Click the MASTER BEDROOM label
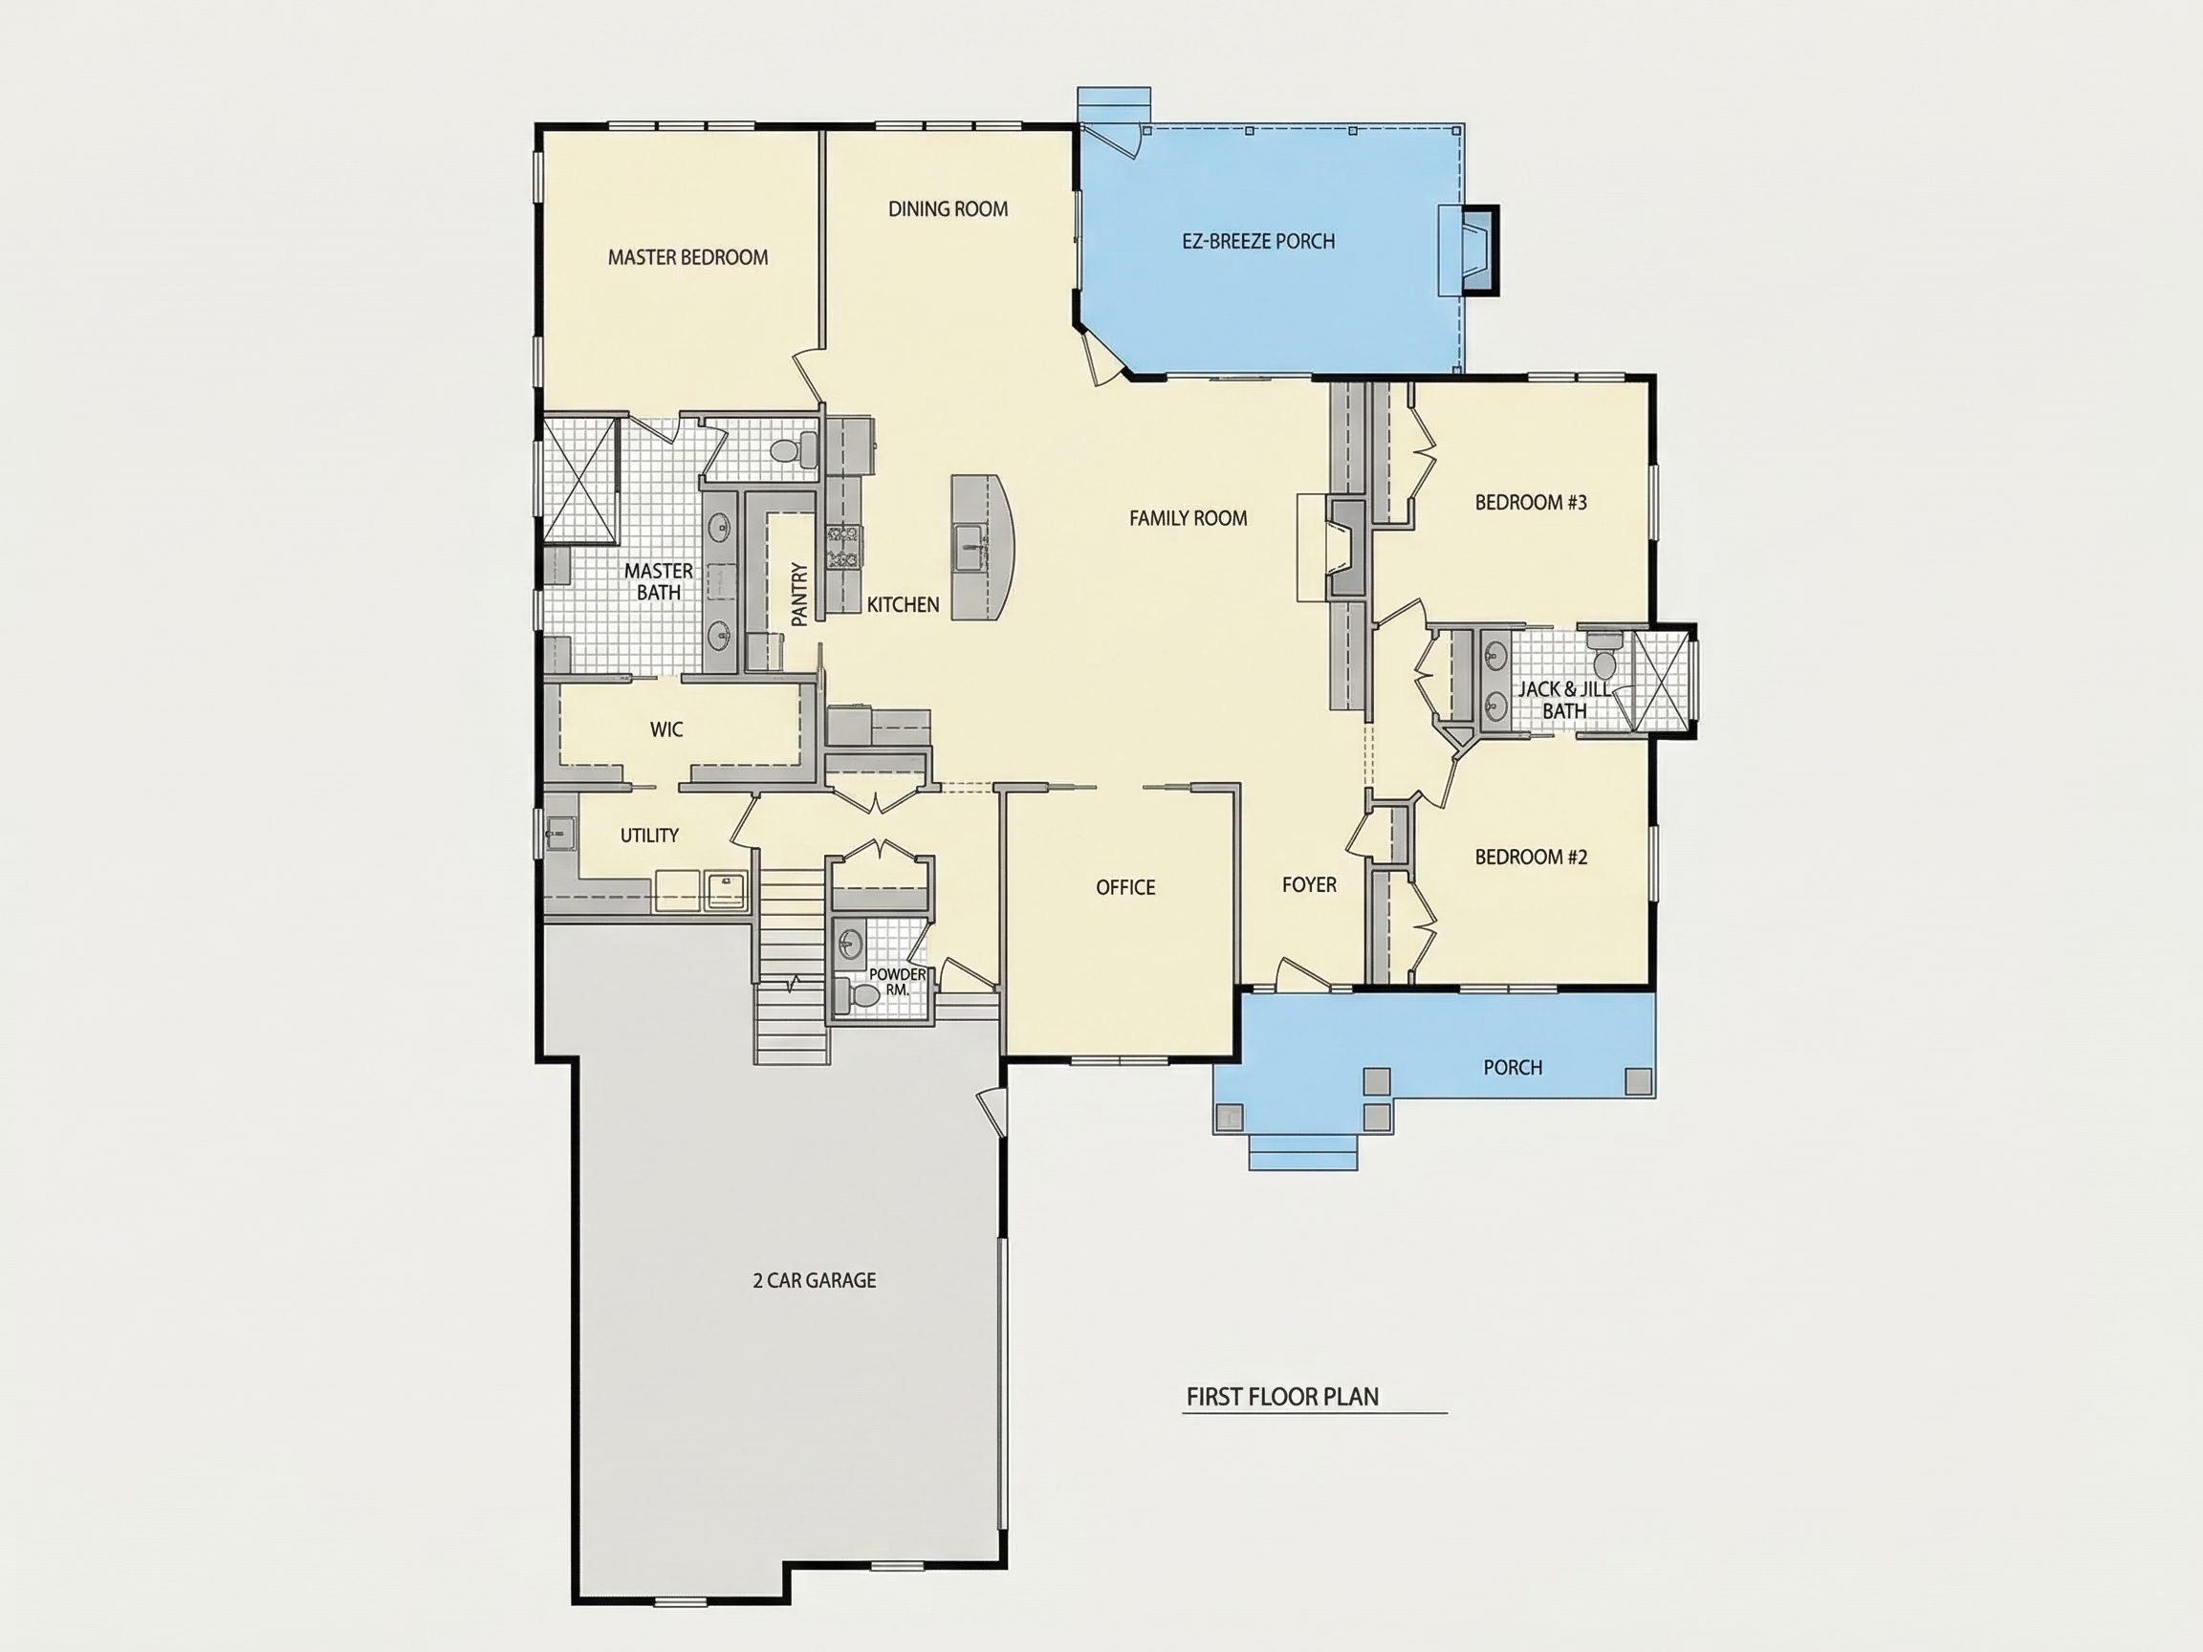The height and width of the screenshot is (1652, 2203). tap(688, 258)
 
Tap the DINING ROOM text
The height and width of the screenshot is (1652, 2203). tap(949, 209)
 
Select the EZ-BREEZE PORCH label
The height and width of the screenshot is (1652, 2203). tap(1259, 241)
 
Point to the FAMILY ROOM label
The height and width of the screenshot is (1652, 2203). tap(1189, 518)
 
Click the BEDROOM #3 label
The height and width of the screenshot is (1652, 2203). tap(1531, 502)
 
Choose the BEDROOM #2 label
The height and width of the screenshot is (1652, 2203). tap(1531, 857)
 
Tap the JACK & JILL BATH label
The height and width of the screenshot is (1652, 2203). tap(1563, 700)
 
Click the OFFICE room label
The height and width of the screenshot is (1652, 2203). tap(1125, 887)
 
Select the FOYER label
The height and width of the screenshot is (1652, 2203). tap(1309, 884)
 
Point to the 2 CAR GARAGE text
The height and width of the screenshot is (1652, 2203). tap(815, 1280)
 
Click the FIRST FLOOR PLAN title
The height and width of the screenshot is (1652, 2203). tap(1283, 1397)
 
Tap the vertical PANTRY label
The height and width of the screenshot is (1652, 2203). tap(798, 595)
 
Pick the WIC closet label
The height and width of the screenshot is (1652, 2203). tap(666, 729)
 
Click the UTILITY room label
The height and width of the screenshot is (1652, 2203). tap(649, 836)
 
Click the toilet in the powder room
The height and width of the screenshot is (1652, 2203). tap(859, 995)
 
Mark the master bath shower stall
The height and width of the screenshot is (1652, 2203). tap(578, 480)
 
